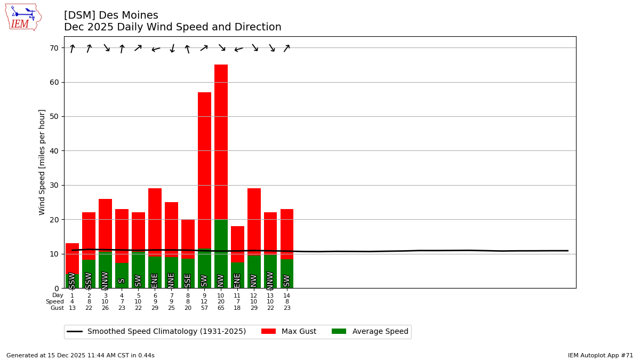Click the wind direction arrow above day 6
(155, 49)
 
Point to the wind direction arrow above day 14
(287, 48)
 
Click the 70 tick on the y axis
(53, 48)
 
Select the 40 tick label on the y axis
(53, 151)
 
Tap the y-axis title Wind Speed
(42, 162)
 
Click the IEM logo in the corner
(23, 17)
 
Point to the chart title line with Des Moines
(111, 15)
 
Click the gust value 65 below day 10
(221, 308)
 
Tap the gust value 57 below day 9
(204, 308)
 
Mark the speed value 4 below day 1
(72, 302)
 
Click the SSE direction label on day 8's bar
(188, 280)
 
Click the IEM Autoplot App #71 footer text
(600, 355)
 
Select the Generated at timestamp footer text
(81, 355)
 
